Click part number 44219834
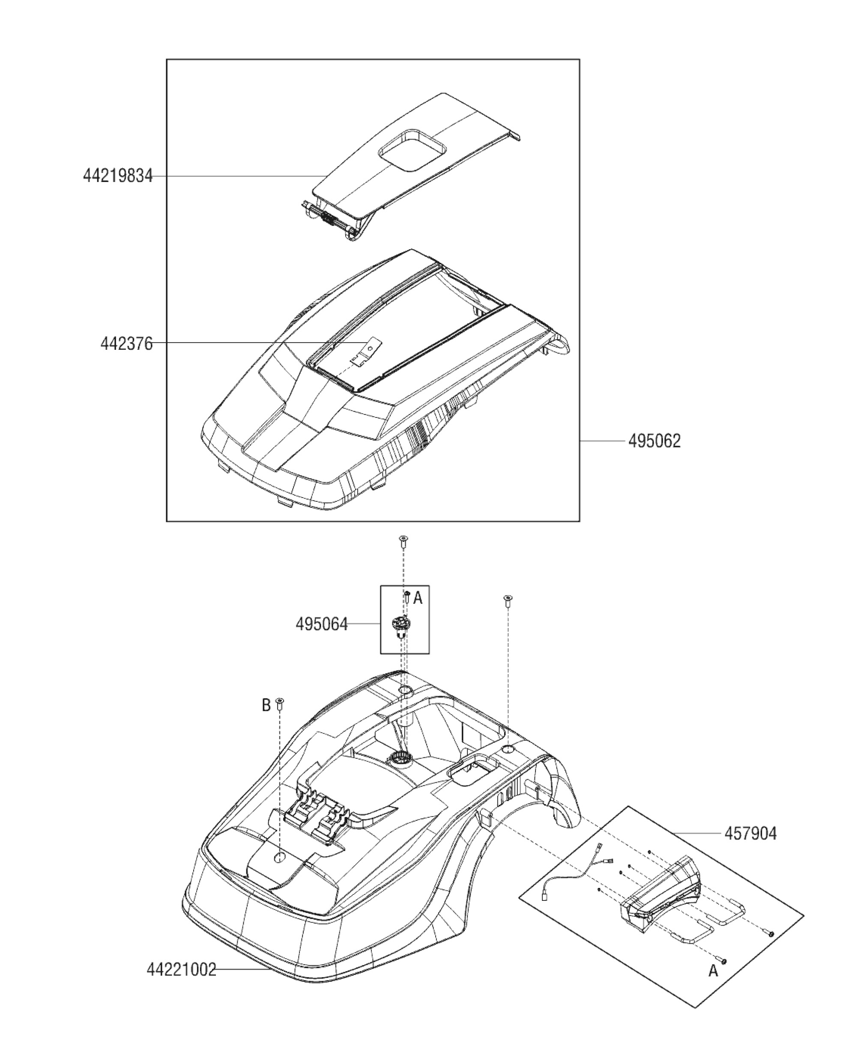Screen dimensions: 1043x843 pyautogui.click(x=117, y=175)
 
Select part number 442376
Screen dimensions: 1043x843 pyautogui.click(x=126, y=344)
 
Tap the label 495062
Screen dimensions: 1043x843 pyautogui.click(x=654, y=441)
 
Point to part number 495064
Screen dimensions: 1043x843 pyautogui.click(x=321, y=624)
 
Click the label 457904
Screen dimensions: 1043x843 pyautogui.click(x=750, y=833)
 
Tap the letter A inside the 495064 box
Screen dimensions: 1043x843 pyautogui.click(x=418, y=599)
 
